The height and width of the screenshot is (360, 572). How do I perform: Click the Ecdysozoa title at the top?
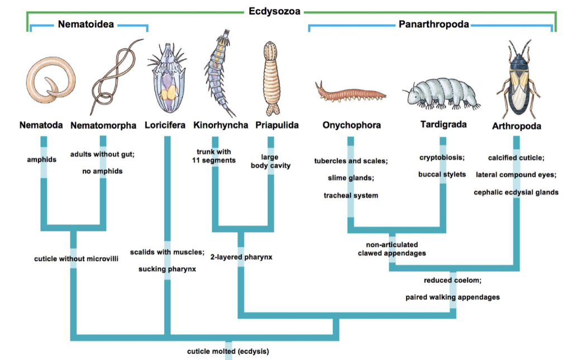274,11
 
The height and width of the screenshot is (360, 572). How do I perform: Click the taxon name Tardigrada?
443,124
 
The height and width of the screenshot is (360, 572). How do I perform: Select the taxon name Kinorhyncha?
221,125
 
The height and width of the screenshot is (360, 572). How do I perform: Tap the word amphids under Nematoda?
42,159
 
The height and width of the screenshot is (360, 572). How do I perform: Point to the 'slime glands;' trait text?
351,178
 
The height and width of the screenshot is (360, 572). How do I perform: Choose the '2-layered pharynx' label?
241,258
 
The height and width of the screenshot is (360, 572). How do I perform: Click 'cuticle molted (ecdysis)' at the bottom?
228,352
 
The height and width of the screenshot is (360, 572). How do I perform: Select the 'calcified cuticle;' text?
516,158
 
